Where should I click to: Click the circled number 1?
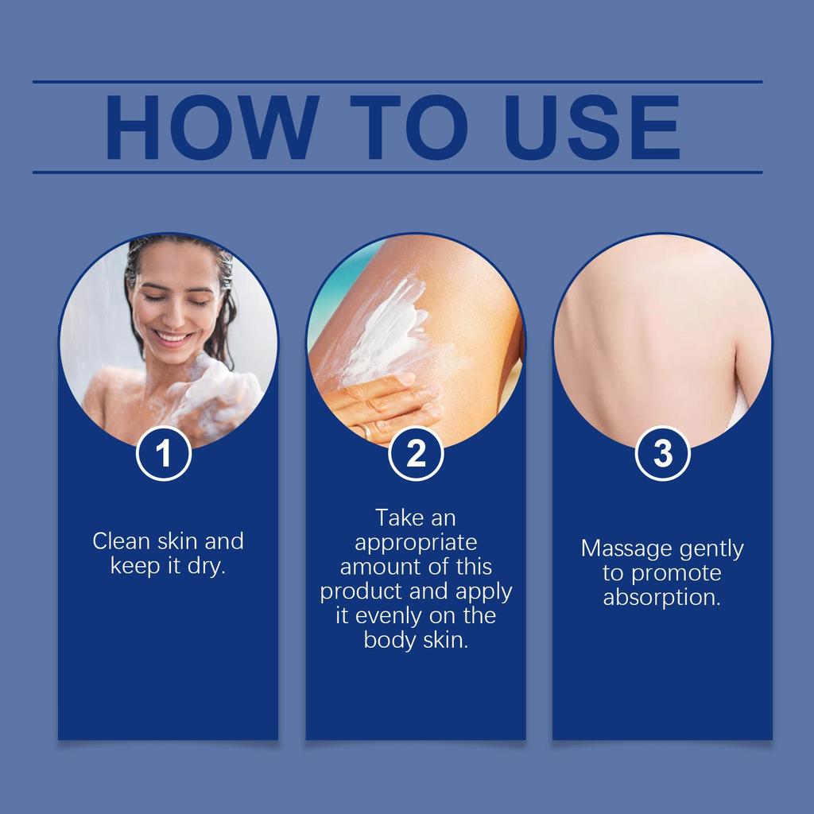[x=164, y=454]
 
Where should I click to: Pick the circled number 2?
[x=416, y=454]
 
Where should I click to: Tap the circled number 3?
[x=662, y=454]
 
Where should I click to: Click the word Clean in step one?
[x=120, y=541]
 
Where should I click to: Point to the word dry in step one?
[x=206, y=567]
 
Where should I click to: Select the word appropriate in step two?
[x=416, y=542]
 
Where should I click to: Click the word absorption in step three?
[x=661, y=598]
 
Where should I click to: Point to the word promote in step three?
[x=676, y=573]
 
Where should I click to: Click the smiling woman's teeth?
[x=172, y=337]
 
